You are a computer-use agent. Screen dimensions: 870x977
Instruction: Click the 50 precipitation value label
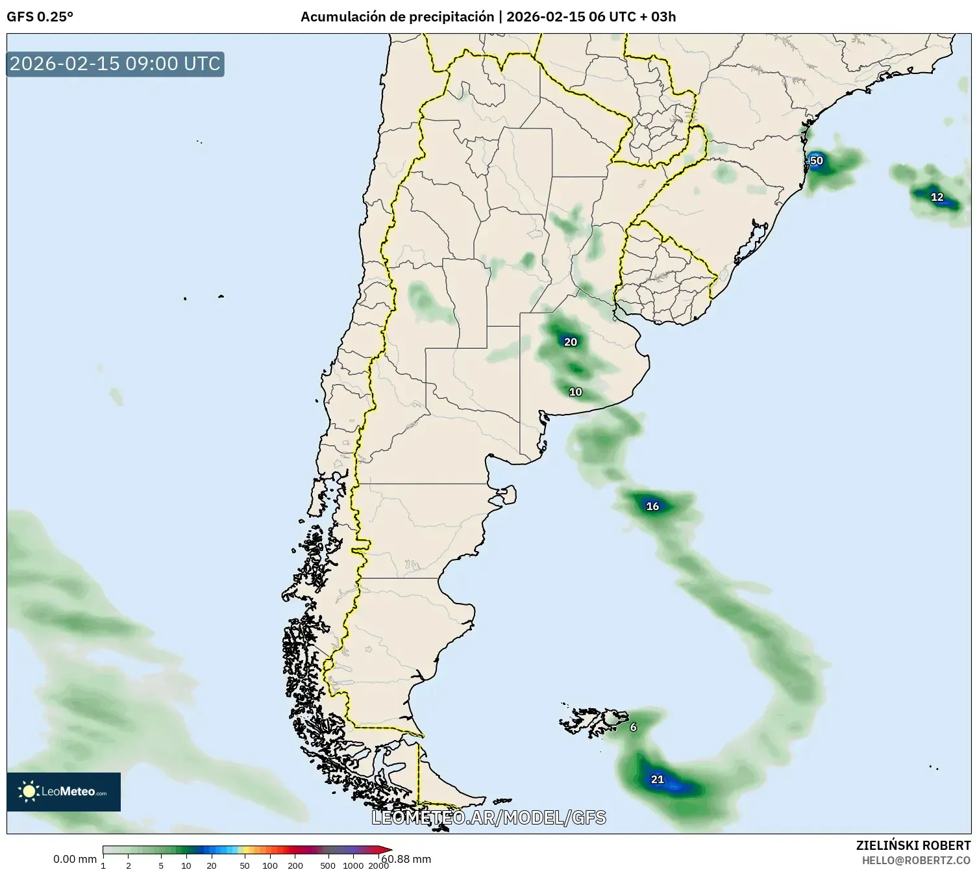(816, 160)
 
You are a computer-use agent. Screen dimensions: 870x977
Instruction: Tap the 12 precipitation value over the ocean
(937, 197)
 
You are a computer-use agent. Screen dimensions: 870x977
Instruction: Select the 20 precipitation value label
(570, 342)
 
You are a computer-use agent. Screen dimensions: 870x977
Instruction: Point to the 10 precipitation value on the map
(575, 392)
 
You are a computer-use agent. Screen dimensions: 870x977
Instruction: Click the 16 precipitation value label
(652, 506)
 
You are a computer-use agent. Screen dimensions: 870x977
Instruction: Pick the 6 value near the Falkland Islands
(634, 727)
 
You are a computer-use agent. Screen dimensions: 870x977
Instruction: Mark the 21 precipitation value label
(658, 779)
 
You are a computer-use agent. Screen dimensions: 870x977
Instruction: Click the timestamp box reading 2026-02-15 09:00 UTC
(116, 64)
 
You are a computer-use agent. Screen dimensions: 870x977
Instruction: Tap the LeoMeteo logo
(64, 791)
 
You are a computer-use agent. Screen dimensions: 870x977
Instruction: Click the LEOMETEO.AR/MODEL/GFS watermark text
(489, 817)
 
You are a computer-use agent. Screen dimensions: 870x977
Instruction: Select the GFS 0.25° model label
(40, 17)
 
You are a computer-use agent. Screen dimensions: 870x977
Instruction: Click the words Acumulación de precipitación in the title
(397, 17)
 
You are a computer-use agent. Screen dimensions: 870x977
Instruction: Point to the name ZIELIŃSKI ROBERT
(913, 845)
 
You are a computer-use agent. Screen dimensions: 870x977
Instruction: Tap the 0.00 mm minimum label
(75, 859)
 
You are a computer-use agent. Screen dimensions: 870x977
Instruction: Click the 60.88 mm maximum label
(407, 859)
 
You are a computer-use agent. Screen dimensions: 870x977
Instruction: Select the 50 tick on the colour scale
(245, 865)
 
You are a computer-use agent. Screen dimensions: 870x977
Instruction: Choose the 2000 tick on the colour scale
(378, 865)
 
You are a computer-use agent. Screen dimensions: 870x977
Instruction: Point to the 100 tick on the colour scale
(270, 865)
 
